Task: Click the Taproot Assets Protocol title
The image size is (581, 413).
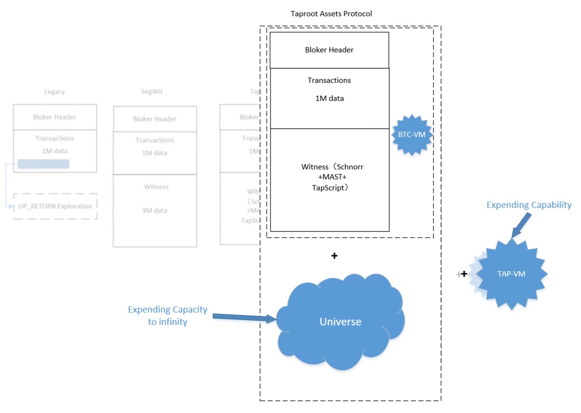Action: pos(331,14)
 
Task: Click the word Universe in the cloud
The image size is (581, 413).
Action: pos(340,322)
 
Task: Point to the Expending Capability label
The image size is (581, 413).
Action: pos(529,205)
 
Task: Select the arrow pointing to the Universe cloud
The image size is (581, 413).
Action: pos(244,318)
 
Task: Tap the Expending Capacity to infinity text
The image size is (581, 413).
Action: pos(167,315)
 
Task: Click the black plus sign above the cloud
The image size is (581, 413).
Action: pos(334,256)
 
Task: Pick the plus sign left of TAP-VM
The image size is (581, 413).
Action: pos(464,274)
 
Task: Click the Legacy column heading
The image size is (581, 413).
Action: pos(55,91)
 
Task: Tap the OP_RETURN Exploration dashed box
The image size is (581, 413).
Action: pos(56,206)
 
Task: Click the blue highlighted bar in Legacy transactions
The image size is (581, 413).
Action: pos(44,164)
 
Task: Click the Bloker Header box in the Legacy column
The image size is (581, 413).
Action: pos(55,117)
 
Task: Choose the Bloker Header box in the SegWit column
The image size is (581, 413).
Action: pos(155,119)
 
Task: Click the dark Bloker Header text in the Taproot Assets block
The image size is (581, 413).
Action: pos(329,50)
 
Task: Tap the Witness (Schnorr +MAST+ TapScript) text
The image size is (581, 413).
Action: pos(329,177)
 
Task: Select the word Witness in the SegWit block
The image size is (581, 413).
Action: pos(156,187)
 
